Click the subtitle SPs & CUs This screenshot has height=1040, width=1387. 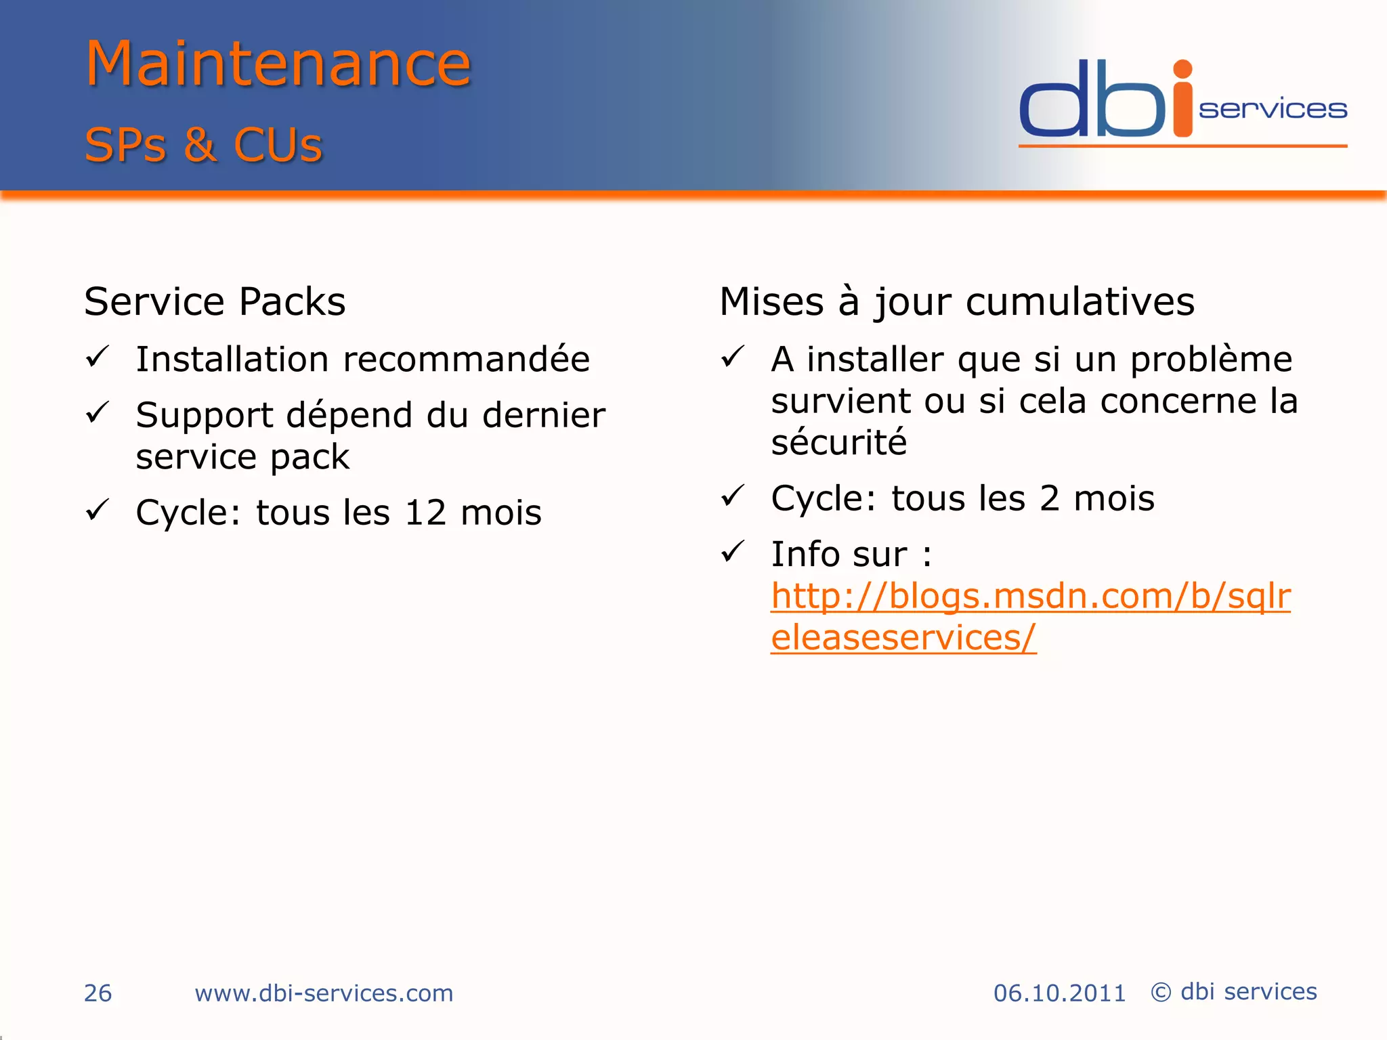[x=203, y=145]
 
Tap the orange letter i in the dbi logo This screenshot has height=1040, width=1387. [x=1182, y=102]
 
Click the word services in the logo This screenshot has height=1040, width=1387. [x=1273, y=110]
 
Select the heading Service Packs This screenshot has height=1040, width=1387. [x=215, y=301]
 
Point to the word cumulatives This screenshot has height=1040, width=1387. [x=1080, y=301]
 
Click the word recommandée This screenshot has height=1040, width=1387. [x=466, y=359]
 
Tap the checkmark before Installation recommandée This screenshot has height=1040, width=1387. [x=98, y=356]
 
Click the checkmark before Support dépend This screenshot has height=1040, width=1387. [x=98, y=412]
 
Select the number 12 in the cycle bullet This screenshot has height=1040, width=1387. [x=425, y=513]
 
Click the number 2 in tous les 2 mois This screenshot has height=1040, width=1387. [x=1049, y=499]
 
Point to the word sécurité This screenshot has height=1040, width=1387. [x=838, y=443]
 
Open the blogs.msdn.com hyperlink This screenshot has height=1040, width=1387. [x=1030, y=597]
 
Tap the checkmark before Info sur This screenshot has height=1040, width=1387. [x=733, y=551]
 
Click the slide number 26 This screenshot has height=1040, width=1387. [x=98, y=993]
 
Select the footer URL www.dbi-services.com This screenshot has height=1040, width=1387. [x=324, y=993]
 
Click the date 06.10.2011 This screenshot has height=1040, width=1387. [x=1059, y=993]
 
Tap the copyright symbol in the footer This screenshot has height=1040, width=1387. [x=1161, y=993]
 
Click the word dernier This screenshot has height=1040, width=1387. [x=543, y=415]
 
